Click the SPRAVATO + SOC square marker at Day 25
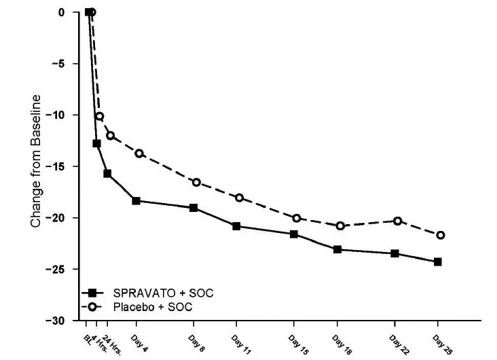click(438, 262)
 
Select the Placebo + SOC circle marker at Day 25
click(441, 235)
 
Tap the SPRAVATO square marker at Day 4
click(136, 200)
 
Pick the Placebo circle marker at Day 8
click(196, 182)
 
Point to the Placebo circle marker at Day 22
click(397, 221)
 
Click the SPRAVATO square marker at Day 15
click(293, 234)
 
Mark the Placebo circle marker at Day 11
click(239, 198)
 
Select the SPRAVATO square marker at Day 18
click(337, 249)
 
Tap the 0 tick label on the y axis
click(61, 12)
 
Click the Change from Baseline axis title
click(36, 160)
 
